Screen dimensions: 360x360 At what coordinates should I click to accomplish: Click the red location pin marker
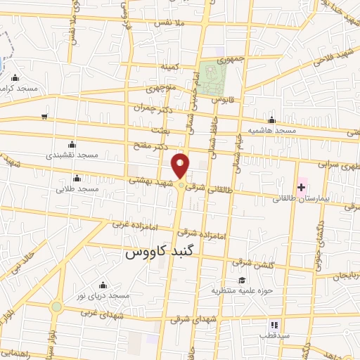[181, 166]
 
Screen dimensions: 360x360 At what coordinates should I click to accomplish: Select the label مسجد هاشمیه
[271, 131]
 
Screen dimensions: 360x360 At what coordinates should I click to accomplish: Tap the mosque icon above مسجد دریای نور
[103, 285]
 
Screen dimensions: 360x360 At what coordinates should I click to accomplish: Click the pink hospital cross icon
[302, 186]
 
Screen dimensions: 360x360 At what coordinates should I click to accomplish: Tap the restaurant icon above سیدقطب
[274, 325]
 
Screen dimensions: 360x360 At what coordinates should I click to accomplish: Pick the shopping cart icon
[45, 117]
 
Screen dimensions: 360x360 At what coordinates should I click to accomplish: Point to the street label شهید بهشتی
[146, 181]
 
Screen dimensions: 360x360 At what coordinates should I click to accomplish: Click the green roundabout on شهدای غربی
[56, 307]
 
